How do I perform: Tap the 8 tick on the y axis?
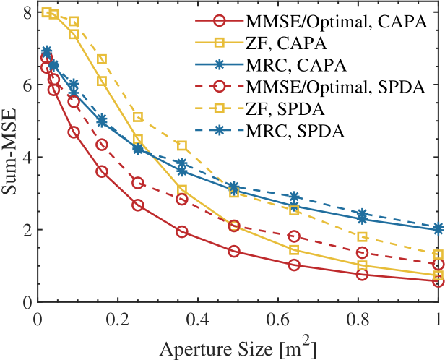pos(27,12)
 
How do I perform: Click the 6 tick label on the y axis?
pos(27,85)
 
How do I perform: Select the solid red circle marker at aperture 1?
pos(438,281)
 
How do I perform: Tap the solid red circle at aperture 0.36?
pos(182,231)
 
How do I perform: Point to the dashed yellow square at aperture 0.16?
pos(102,59)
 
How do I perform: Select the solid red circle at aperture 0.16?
pos(102,171)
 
